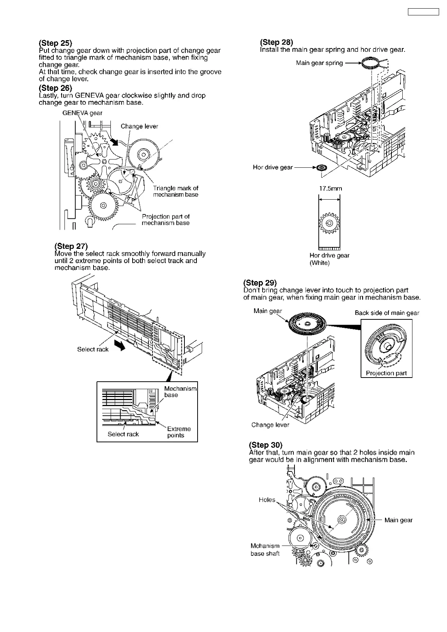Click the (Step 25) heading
point(55,43)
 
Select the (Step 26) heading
point(55,88)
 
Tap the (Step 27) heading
point(71,246)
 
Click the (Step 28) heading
point(276,42)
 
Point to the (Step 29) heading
point(260,283)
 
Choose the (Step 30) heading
point(266,445)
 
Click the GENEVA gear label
point(82,113)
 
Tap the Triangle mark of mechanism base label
point(175,191)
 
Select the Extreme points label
point(178,432)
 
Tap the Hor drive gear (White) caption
point(329,259)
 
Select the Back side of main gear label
point(387,313)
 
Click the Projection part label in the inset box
point(386,373)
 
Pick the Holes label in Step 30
point(267,500)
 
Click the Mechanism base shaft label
point(265,550)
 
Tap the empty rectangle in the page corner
point(423,12)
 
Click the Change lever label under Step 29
point(270,425)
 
